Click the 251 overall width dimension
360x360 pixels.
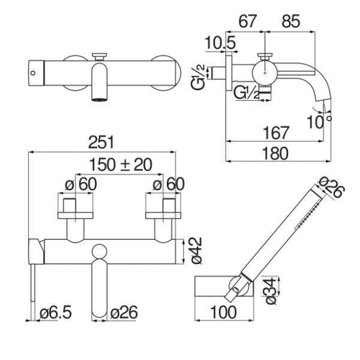click(x=101, y=142)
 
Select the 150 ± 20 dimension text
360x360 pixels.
click(x=121, y=164)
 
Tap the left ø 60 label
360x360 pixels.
click(x=81, y=184)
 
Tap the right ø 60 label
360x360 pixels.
click(x=169, y=184)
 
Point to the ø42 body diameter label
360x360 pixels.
click(x=196, y=251)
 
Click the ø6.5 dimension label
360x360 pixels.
click(x=56, y=312)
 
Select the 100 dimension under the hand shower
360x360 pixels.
click(x=223, y=312)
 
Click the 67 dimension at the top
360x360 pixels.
click(x=247, y=22)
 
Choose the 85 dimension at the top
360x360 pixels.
click(x=291, y=22)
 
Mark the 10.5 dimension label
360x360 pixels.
click(x=220, y=43)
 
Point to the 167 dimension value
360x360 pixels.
click(x=275, y=133)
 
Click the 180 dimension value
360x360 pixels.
click(x=275, y=154)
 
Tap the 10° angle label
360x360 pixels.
click(x=319, y=122)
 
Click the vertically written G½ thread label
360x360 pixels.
click(x=197, y=77)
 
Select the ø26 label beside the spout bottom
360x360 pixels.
click(x=124, y=312)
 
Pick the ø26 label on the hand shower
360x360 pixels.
click(x=332, y=187)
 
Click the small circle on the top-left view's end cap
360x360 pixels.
click(x=33, y=73)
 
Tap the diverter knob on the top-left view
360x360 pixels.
click(x=100, y=56)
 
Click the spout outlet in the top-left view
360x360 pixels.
click(x=100, y=100)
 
